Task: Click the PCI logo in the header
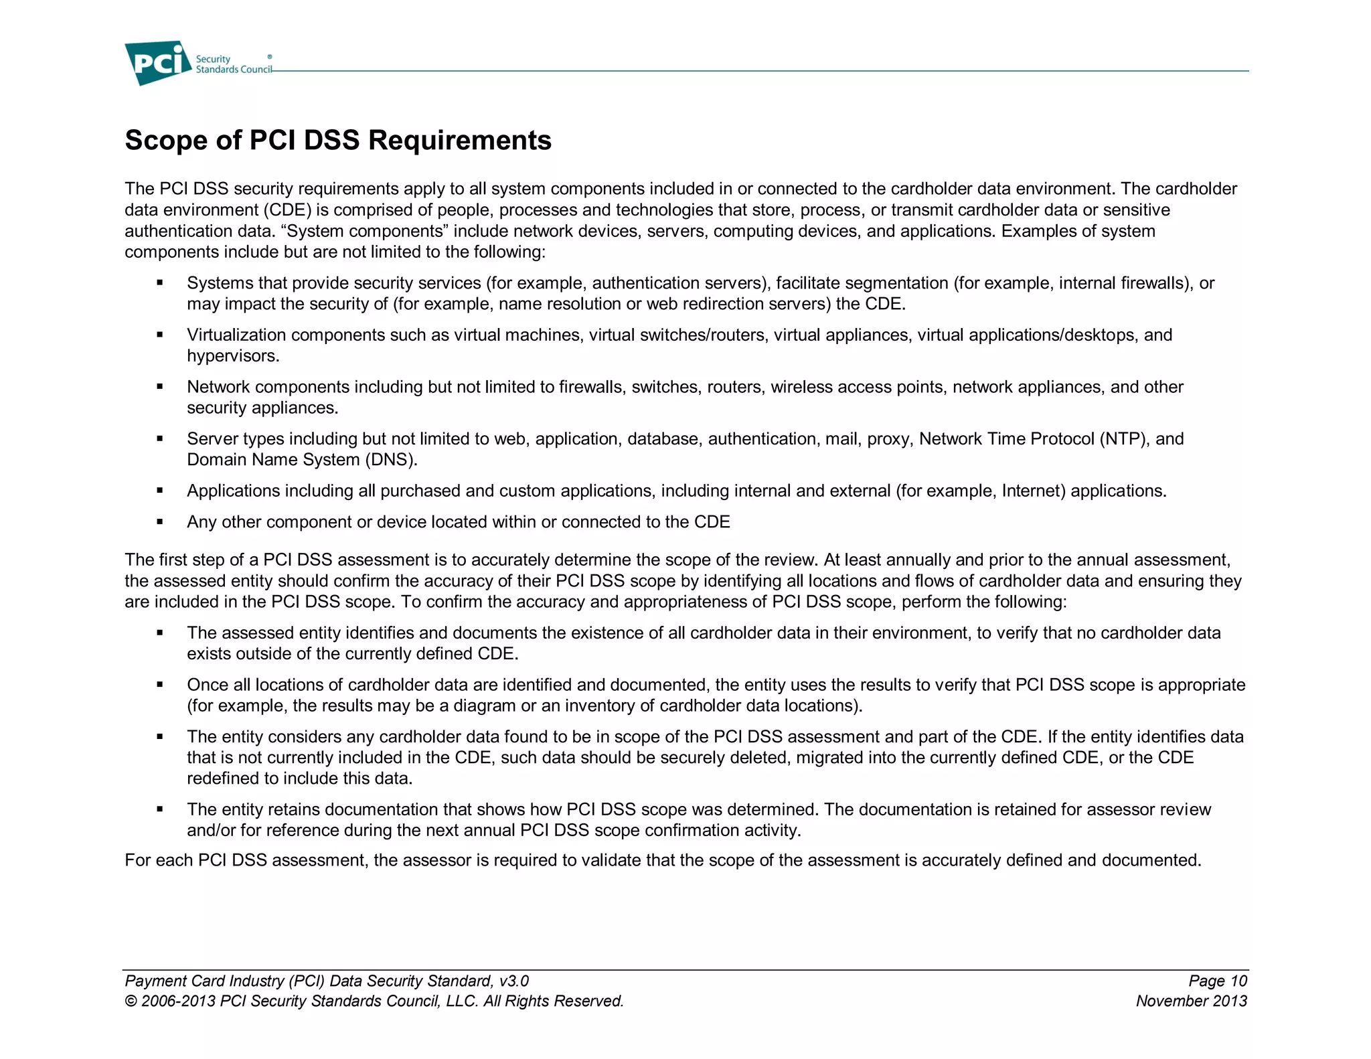coord(157,63)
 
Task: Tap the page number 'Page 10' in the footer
coord(1217,981)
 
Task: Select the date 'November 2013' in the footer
coord(1191,1001)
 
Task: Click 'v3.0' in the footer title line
coord(513,981)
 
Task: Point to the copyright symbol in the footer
coord(131,1001)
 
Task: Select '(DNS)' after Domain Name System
coord(391,460)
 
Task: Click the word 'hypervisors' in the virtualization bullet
coord(231,356)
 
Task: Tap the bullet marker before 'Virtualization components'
coord(160,335)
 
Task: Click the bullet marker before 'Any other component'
coord(160,521)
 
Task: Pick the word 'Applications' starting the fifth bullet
coord(233,491)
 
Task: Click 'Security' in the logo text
coord(212,59)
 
